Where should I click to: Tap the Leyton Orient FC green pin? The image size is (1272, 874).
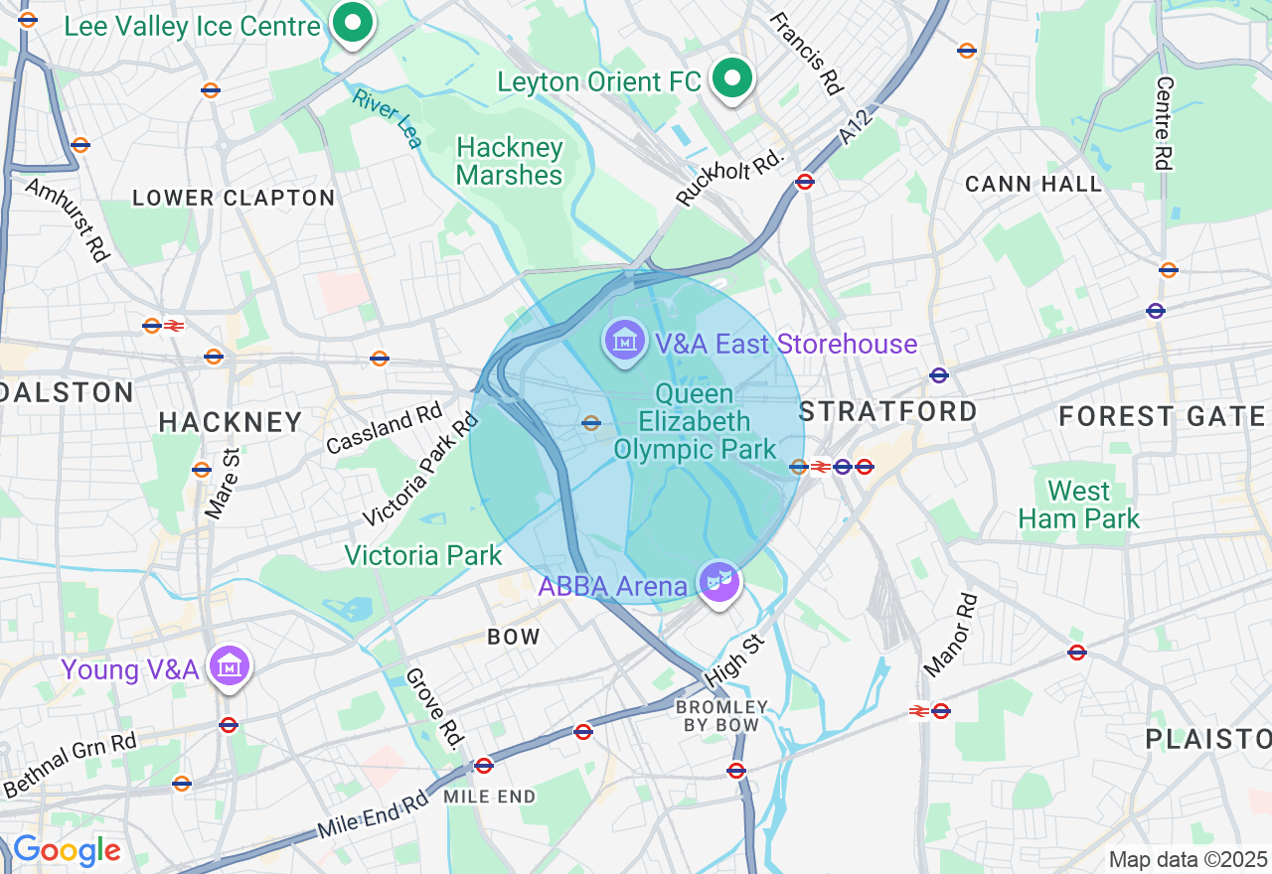pos(732,78)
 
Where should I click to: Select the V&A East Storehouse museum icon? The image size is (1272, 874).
pos(624,342)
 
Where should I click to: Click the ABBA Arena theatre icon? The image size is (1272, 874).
pos(719,580)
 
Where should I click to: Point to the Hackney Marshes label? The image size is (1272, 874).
pos(510,162)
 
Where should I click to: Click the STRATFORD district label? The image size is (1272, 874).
pos(888,411)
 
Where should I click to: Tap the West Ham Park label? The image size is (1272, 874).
pos(1079,505)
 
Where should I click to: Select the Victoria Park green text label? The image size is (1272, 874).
pos(423,555)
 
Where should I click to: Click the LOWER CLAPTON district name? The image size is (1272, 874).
pos(234,198)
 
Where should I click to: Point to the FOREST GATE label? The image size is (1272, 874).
pos(1162,416)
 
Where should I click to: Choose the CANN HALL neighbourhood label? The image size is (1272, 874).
pos(1033,184)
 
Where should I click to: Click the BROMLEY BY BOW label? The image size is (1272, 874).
pos(722,716)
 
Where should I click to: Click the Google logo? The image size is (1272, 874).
pos(67,851)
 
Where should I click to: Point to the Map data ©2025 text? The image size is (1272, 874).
pos(1188,859)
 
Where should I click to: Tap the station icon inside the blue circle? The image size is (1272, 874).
pos(591,423)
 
